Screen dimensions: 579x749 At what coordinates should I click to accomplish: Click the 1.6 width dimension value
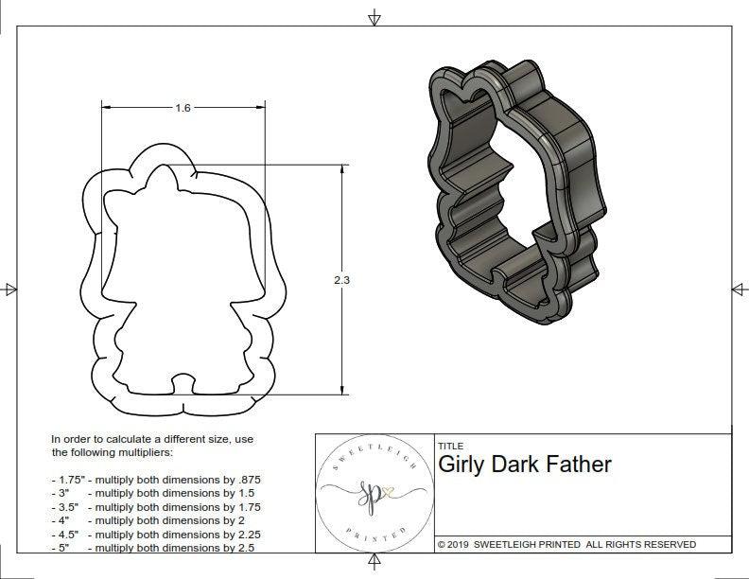183,108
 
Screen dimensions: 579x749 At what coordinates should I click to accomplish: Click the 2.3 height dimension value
341,280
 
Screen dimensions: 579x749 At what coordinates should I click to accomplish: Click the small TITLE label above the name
449,446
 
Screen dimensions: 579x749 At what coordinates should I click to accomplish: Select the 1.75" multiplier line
155,480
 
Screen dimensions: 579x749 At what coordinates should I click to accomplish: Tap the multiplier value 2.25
243,534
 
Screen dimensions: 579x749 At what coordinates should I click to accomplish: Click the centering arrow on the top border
375,18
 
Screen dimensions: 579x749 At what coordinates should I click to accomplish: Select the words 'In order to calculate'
104,439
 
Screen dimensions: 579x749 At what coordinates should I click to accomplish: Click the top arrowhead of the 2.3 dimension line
341,168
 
